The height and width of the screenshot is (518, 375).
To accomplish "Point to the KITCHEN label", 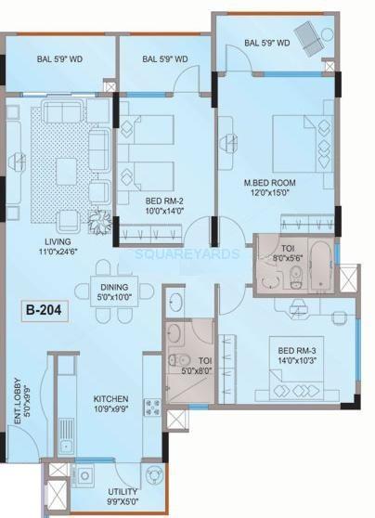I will pos(110,399).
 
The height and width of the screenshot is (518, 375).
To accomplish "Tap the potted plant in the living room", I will pos(99,222).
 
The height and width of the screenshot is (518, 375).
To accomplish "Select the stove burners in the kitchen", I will pos(151,408).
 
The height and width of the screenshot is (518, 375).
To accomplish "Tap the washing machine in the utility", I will pos(84,476).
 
